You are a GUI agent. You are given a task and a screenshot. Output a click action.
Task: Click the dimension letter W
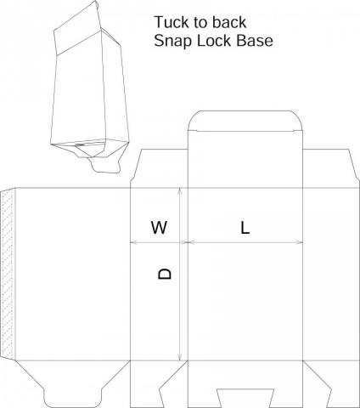pos(159,227)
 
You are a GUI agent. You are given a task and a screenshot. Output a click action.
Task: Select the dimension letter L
pos(245,228)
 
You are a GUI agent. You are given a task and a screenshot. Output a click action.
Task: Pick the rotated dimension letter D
pos(165,274)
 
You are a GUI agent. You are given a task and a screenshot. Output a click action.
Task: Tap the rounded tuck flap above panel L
pos(245,121)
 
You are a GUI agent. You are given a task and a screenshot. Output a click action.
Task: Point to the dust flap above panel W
pos(159,168)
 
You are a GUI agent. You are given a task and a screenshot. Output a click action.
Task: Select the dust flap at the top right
pos(331,168)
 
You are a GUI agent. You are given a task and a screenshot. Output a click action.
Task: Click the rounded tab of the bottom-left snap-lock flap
pos(73,398)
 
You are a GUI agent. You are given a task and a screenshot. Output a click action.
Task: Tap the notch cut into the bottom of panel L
pos(245,399)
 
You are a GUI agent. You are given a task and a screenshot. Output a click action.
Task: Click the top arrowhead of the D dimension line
pos(179,191)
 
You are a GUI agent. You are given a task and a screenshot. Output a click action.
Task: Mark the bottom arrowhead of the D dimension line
pos(179,357)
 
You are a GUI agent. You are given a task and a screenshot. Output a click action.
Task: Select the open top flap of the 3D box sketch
pos(76,27)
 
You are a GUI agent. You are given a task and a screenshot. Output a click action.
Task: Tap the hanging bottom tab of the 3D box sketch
pos(106,166)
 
